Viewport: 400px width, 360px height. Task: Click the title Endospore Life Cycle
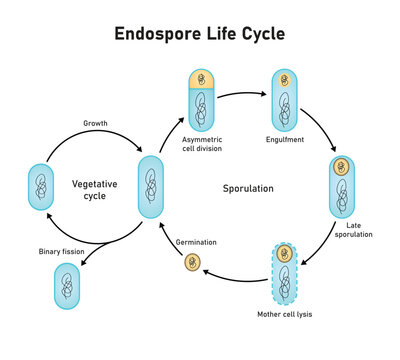click(x=200, y=33)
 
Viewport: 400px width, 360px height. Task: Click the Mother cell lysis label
click(x=285, y=313)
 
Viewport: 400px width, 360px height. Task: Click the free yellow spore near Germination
click(x=192, y=263)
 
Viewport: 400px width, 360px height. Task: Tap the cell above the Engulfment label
click(x=283, y=103)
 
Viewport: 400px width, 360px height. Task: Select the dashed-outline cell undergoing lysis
click(x=284, y=272)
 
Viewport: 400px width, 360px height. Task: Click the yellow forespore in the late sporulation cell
click(x=339, y=166)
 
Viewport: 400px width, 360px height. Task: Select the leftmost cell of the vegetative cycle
click(x=39, y=187)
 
